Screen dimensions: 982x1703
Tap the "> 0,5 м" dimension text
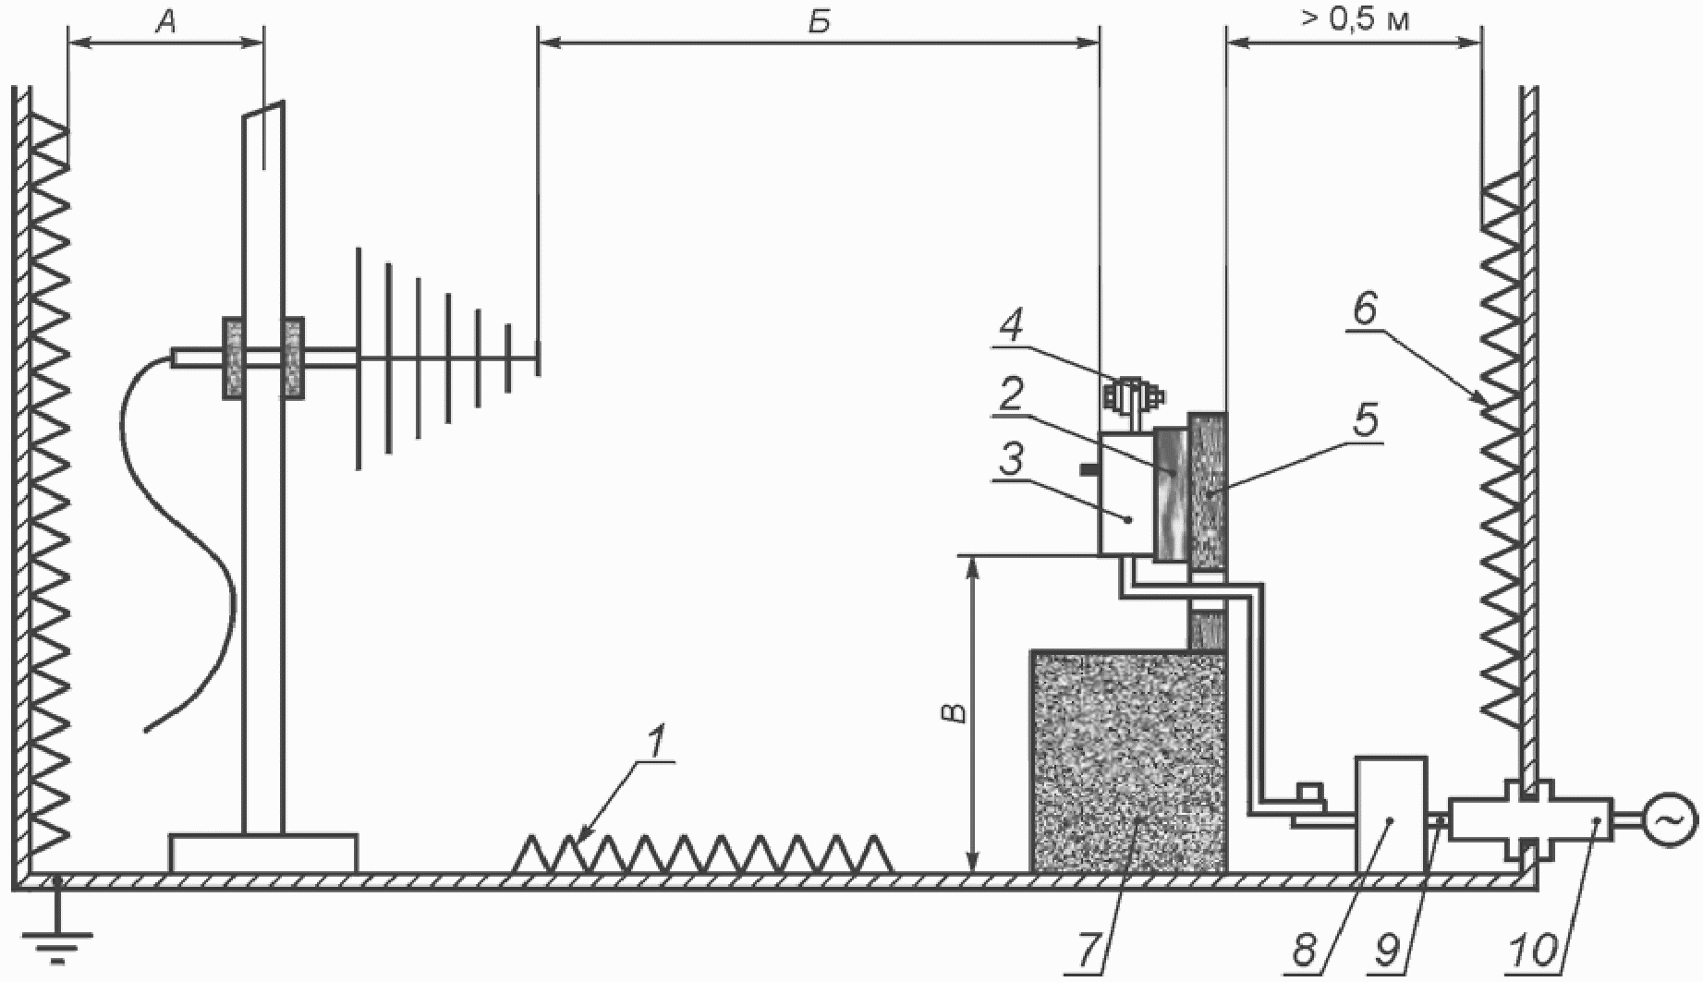(x=1356, y=19)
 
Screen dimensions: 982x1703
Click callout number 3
(x=1011, y=459)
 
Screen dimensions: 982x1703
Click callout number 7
(x=1089, y=949)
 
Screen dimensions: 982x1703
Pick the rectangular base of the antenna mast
(x=263, y=853)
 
